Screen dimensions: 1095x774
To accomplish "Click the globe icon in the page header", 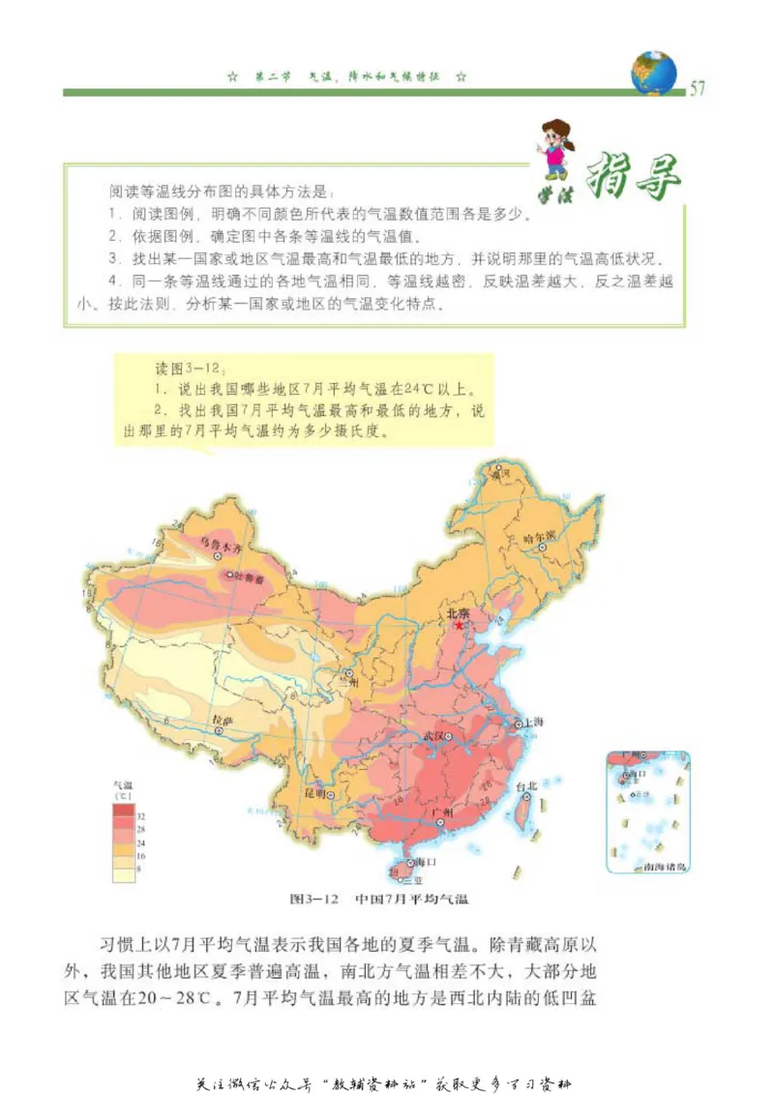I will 654,73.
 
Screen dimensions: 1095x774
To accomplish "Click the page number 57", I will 697,90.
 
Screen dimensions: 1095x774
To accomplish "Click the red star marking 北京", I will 460,625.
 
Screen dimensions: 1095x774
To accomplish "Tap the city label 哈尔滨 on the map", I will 539,535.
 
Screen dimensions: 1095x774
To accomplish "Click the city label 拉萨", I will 223,720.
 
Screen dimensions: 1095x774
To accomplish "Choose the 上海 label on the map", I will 532,722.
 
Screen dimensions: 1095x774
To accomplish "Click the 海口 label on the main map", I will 427,861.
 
